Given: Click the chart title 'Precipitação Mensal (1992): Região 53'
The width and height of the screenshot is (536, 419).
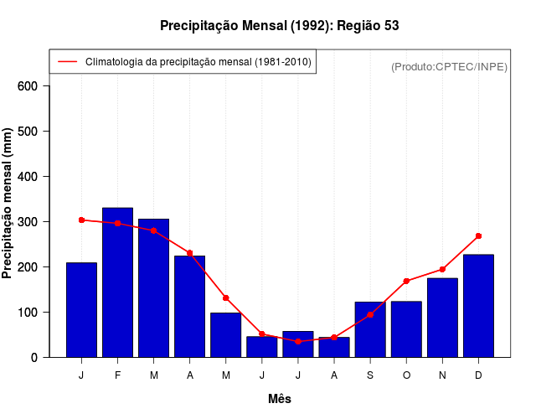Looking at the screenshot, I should point(279,26).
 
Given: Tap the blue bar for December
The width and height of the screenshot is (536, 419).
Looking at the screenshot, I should point(478,306).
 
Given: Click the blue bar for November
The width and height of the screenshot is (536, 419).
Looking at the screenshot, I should point(442,318).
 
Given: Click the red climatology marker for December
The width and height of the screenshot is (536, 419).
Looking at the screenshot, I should point(478,236).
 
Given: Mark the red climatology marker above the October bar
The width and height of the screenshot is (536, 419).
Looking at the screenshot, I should point(406,281).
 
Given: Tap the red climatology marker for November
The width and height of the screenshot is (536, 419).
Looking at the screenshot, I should point(442,269).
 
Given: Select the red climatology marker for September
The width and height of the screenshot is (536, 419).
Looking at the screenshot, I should point(370,314).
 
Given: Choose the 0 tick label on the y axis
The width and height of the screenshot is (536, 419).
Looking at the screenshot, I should point(34,358).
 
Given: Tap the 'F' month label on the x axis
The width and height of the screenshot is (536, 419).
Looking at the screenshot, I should point(117,375).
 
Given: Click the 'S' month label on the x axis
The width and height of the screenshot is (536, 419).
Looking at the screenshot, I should point(370,375).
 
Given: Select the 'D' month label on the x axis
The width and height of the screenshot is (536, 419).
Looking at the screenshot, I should point(478,375).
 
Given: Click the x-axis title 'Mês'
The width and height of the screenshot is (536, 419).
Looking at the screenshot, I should point(280,399).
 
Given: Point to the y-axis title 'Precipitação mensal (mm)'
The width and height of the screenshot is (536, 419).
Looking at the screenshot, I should point(8,203).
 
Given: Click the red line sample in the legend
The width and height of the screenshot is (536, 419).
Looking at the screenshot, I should point(67,62).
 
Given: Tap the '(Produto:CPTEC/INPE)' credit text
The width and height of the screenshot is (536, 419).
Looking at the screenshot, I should point(449,66).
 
